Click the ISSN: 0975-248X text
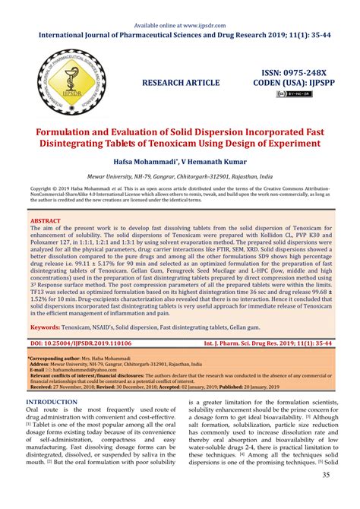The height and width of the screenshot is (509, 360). point(289,70)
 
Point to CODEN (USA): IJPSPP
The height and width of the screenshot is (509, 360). point(289,82)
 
